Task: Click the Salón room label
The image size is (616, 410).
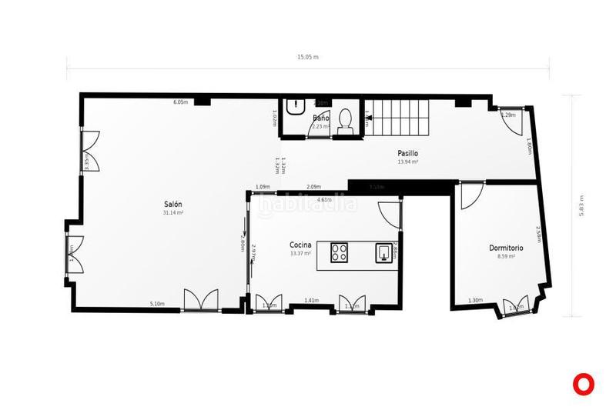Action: click(x=172, y=204)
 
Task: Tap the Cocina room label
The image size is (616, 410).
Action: click(x=300, y=244)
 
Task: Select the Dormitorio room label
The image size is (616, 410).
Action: click(x=507, y=248)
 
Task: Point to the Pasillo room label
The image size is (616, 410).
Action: click(x=408, y=153)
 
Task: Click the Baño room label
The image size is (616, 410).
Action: click(x=321, y=118)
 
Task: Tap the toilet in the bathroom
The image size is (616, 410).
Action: click(x=346, y=121)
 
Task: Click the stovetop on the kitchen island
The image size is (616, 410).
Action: click(x=340, y=252)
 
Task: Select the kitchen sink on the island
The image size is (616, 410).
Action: click(x=383, y=252)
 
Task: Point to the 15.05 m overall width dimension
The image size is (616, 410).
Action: click(x=308, y=57)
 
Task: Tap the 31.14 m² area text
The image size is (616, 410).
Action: click(x=172, y=212)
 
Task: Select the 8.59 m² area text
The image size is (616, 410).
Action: click(x=507, y=256)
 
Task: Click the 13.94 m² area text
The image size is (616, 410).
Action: click(x=408, y=162)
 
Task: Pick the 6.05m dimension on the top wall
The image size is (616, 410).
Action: click(x=180, y=102)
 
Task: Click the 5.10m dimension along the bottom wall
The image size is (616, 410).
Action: click(x=157, y=304)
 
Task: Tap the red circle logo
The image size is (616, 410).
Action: click(x=586, y=383)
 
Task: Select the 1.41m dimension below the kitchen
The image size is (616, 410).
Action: click(x=311, y=300)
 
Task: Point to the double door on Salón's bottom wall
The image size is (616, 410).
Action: click(x=200, y=300)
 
